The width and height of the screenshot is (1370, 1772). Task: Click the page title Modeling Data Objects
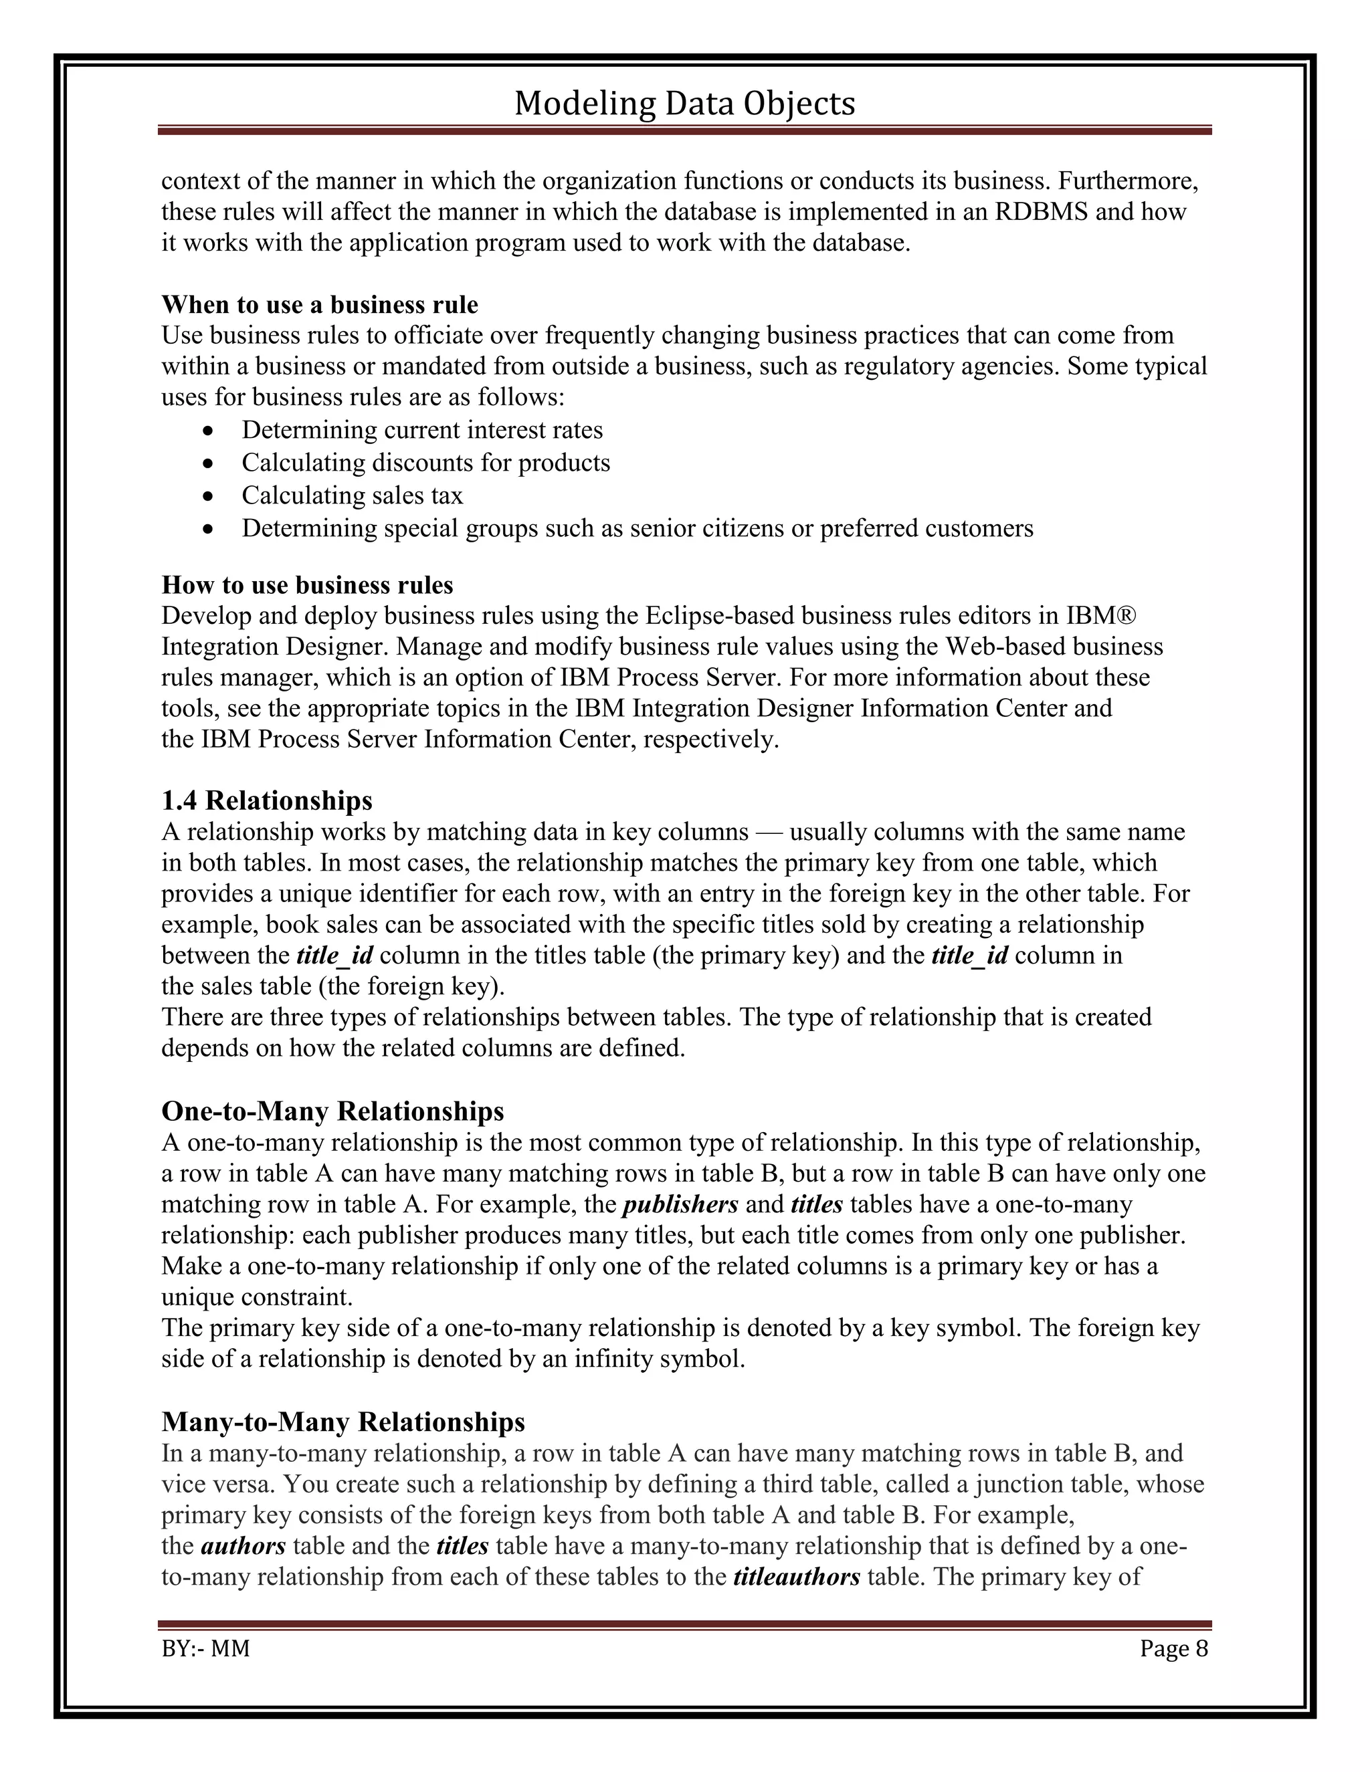(684, 104)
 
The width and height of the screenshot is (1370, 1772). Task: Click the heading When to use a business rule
(320, 304)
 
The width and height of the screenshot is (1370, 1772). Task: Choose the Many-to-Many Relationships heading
(343, 1422)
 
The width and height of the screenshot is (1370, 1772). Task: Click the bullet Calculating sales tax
(353, 495)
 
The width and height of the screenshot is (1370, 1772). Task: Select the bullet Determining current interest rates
(422, 429)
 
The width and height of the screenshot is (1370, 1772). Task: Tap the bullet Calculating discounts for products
(425, 463)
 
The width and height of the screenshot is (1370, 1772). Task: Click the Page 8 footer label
(1173, 1649)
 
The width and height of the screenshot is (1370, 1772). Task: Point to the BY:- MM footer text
(205, 1649)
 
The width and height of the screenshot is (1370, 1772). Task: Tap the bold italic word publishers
(680, 1204)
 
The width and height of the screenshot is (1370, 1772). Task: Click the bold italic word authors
(243, 1547)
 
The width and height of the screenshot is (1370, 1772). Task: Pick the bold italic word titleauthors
(796, 1577)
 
